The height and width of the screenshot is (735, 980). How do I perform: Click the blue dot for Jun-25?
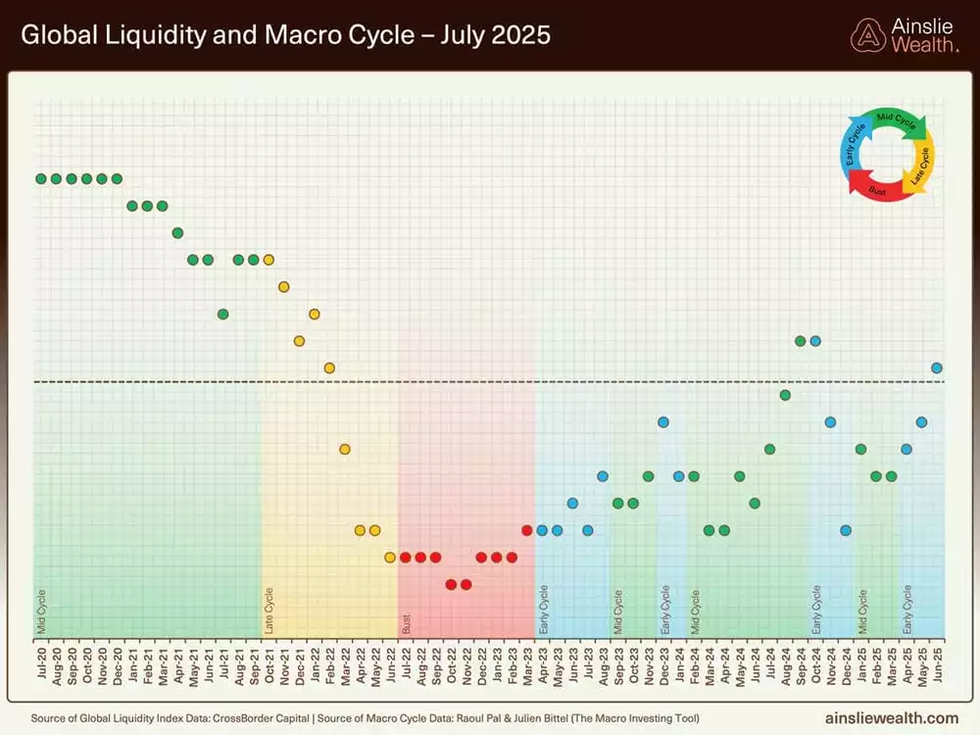[937, 367]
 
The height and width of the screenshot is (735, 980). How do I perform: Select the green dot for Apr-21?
[177, 232]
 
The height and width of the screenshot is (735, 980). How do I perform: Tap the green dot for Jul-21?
[223, 314]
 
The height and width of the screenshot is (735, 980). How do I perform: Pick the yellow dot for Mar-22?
[345, 449]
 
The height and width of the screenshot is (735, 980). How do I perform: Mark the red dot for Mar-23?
[527, 530]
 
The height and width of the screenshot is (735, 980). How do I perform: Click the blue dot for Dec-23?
[663, 421]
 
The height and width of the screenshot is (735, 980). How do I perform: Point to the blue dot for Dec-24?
[846, 530]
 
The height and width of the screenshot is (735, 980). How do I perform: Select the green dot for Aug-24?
[785, 395]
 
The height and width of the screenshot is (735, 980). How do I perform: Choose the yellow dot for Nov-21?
[284, 286]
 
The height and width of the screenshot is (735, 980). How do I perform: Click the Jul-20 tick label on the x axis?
[41, 665]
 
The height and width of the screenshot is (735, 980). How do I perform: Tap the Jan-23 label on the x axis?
[497, 665]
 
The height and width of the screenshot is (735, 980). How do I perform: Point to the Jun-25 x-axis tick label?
[937, 665]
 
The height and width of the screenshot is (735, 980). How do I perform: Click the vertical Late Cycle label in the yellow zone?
[269, 609]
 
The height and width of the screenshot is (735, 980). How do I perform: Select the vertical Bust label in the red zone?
[406, 622]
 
